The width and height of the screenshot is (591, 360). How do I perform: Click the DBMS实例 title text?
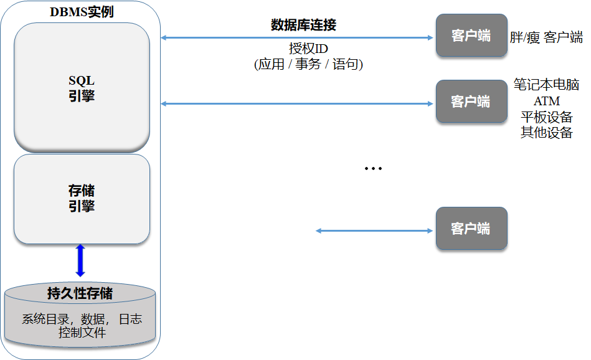point(82,12)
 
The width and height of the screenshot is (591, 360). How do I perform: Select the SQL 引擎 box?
point(82,87)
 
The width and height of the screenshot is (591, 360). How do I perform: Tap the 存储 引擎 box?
point(82,198)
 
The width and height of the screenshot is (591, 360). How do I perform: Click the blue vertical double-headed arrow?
point(80,260)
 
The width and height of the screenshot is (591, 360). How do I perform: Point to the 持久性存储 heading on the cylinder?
point(80,293)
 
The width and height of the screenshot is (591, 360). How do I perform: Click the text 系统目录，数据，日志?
point(82,319)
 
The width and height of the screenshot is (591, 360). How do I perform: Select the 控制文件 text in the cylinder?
point(82,333)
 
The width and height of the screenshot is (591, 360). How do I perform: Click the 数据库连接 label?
point(304,25)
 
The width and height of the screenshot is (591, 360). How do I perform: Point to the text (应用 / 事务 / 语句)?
point(308,64)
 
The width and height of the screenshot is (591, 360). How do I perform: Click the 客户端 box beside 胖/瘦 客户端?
point(471,36)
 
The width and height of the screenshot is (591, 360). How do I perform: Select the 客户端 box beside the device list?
point(471,101)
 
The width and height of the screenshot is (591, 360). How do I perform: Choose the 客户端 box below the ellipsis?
point(471,229)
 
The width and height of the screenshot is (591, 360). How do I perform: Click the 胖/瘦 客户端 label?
point(546,37)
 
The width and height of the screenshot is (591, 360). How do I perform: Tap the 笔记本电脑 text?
point(546,84)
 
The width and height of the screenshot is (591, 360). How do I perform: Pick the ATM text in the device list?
point(546,101)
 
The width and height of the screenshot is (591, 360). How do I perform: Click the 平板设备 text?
point(546,117)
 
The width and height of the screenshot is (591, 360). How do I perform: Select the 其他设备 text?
point(546,133)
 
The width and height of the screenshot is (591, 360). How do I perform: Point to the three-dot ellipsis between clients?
point(372,169)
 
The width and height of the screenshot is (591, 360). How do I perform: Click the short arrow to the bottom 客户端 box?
point(374,231)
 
